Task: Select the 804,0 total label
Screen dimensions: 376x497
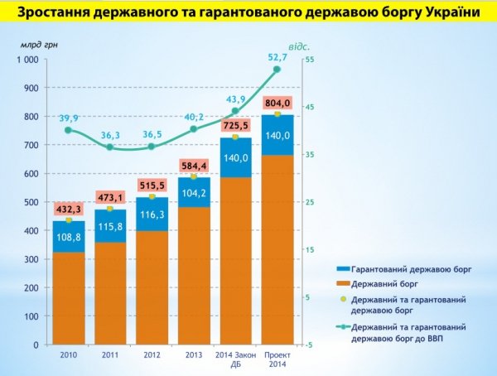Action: [x=277, y=103]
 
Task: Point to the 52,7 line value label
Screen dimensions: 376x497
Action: [x=277, y=57]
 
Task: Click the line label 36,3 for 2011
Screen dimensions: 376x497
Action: [x=111, y=135]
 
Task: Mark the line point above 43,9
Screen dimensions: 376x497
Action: [x=235, y=110]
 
